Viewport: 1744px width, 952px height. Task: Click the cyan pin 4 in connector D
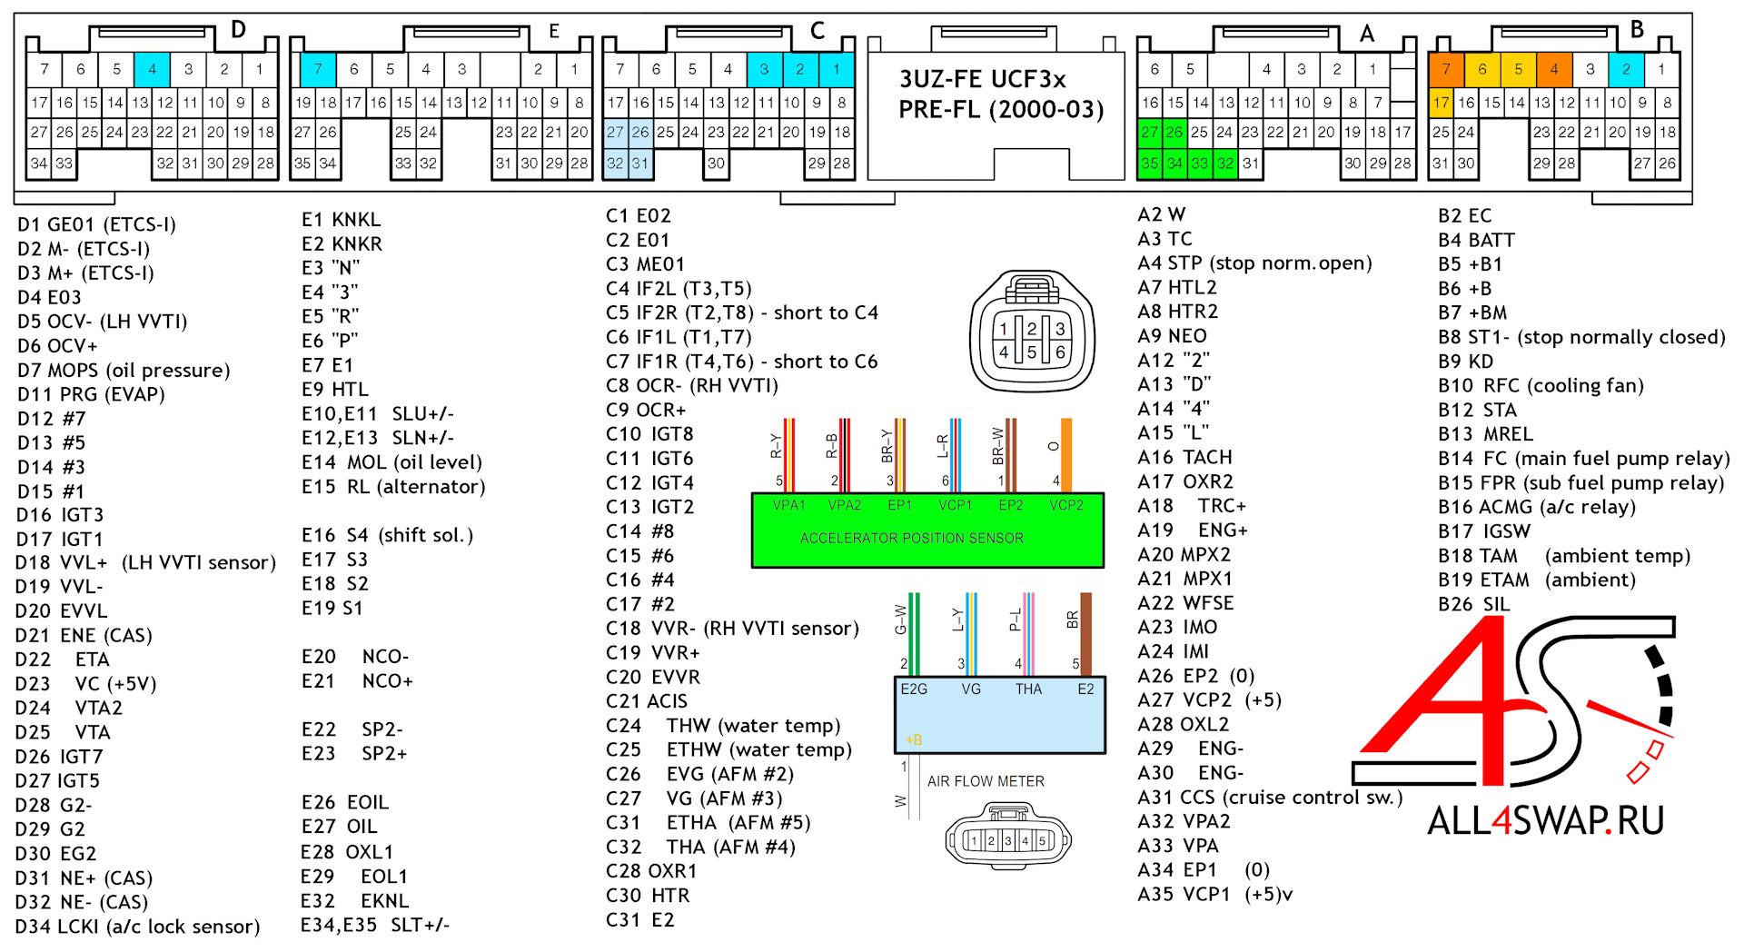tap(152, 69)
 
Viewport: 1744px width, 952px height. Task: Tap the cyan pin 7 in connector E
tap(318, 69)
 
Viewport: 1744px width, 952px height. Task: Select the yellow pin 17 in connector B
tap(1441, 103)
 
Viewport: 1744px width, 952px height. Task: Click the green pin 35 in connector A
tap(1149, 164)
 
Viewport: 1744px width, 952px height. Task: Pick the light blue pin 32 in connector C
tap(615, 164)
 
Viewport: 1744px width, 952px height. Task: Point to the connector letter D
tap(238, 30)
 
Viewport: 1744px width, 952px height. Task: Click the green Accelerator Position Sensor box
tap(927, 531)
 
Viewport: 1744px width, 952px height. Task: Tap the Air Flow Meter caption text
tap(986, 781)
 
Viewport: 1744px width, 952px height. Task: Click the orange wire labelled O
tap(1066, 454)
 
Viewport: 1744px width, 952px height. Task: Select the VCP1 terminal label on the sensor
tap(955, 505)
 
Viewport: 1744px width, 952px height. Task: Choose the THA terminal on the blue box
tap(1028, 689)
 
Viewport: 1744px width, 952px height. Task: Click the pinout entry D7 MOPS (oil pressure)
tap(124, 371)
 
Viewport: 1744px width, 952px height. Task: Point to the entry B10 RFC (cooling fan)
tap(1541, 385)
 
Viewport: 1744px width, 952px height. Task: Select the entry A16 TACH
tap(1185, 457)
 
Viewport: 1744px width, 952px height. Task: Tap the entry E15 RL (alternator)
tap(393, 487)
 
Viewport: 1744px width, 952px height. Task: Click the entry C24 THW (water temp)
tap(723, 726)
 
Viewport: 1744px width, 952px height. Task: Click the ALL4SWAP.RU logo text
tap(1546, 821)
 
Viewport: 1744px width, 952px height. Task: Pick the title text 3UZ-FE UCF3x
tap(983, 79)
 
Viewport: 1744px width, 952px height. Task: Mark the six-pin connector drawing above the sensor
tap(1031, 333)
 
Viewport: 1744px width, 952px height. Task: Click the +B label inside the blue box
tap(914, 740)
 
